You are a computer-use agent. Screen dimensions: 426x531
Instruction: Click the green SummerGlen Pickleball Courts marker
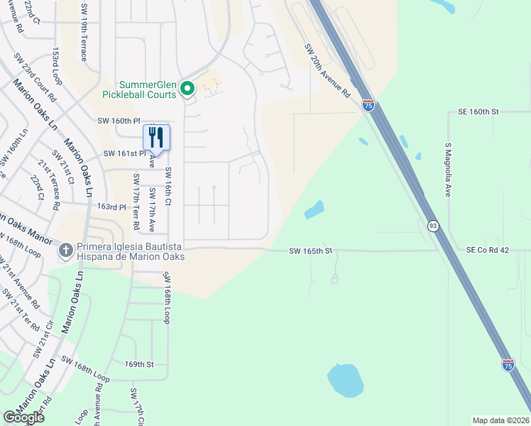point(187,89)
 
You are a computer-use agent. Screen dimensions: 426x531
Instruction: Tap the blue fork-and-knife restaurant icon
point(157,137)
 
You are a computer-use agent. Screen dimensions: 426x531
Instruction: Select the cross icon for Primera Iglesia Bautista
point(65,251)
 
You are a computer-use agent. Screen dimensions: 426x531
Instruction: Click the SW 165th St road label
point(311,251)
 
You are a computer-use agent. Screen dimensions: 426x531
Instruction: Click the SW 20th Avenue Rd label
point(327,71)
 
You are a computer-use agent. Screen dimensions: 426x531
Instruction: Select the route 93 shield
point(432,225)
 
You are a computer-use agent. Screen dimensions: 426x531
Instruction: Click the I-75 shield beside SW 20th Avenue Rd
point(368,105)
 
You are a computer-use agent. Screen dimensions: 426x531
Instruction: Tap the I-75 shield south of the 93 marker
point(508,364)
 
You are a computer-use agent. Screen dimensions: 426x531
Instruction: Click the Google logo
point(24,417)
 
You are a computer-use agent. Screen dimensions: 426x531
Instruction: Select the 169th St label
point(139,364)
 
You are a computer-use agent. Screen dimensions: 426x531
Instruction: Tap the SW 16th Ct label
point(168,187)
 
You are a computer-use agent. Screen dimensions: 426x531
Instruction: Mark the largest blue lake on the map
point(345,381)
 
